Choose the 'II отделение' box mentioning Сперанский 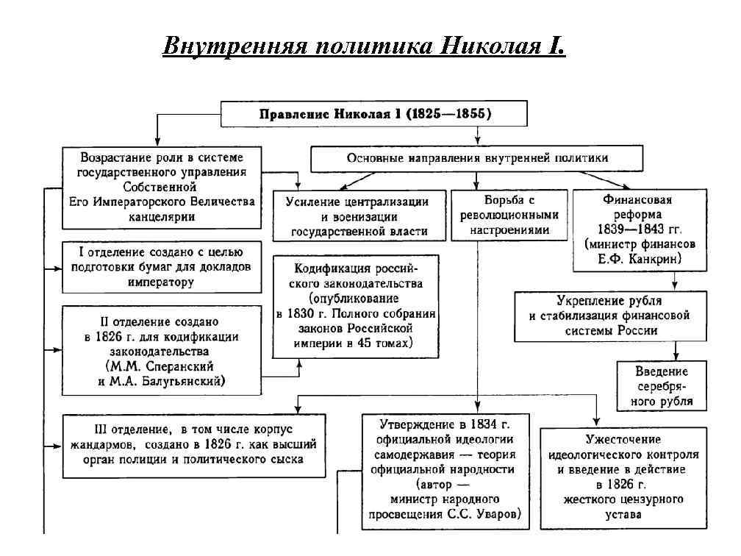click(x=161, y=351)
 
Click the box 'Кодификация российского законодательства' click(x=357, y=305)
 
